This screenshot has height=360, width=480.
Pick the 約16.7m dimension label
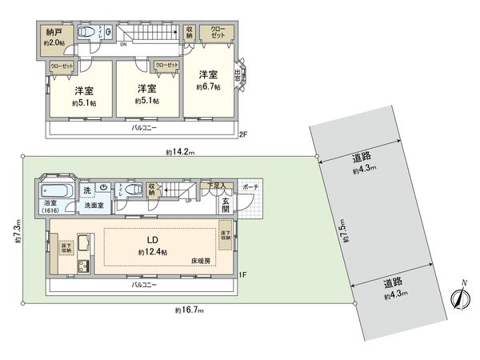pyautogui.click(x=185, y=309)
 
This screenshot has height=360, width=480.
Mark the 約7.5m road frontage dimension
pyautogui.click(x=343, y=230)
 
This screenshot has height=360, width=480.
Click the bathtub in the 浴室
pyautogui.click(x=58, y=193)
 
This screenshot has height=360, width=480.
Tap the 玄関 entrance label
pyautogui.click(x=226, y=204)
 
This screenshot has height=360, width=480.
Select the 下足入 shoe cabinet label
pyautogui.click(x=216, y=186)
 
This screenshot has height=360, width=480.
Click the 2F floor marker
pyautogui.click(x=242, y=133)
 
